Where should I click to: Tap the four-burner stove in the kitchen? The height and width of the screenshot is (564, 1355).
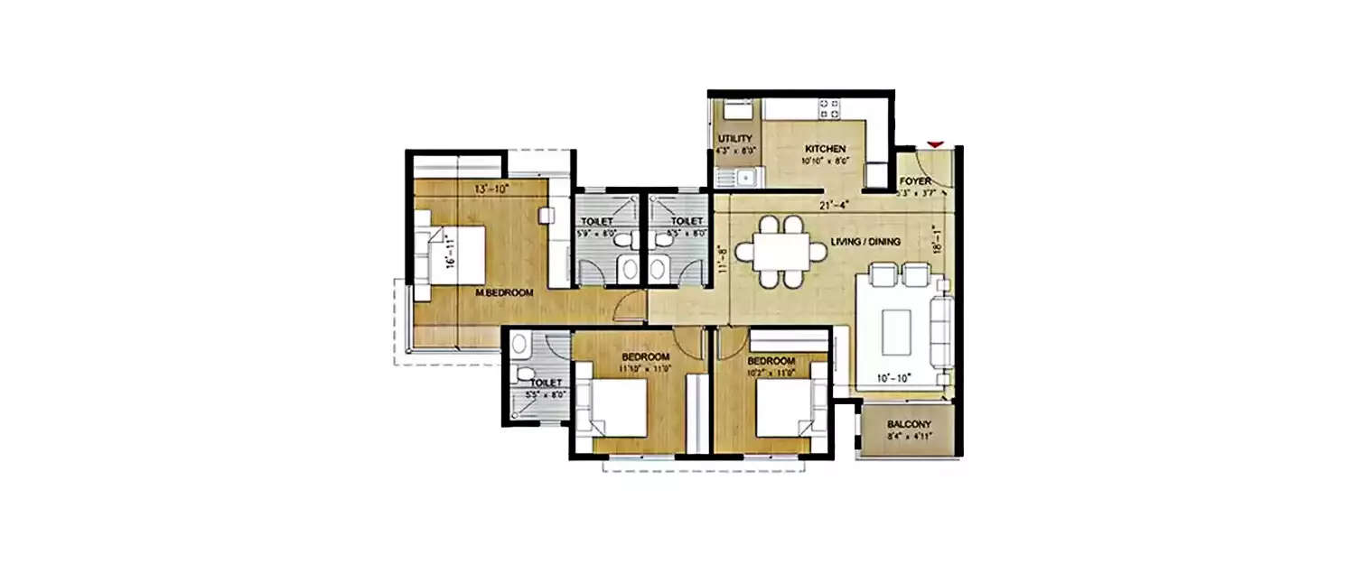[x=830, y=109]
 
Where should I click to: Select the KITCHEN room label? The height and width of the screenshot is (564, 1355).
[x=826, y=149]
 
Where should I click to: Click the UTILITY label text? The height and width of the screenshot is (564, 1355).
[x=734, y=138]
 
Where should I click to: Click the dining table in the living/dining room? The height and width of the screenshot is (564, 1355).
[x=771, y=252]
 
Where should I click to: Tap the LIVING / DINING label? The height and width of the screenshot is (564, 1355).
[x=864, y=241]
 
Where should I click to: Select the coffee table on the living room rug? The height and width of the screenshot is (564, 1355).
[x=897, y=330]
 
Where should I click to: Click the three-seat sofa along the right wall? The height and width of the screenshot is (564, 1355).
[x=941, y=330]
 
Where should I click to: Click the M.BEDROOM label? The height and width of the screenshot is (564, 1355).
[x=504, y=292]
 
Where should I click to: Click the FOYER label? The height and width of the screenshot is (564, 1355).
[x=915, y=181]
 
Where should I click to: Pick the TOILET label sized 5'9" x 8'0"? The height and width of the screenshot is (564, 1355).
[x=597, y=221]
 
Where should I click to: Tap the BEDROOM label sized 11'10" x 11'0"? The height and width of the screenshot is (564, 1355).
[x=644, y=356]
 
